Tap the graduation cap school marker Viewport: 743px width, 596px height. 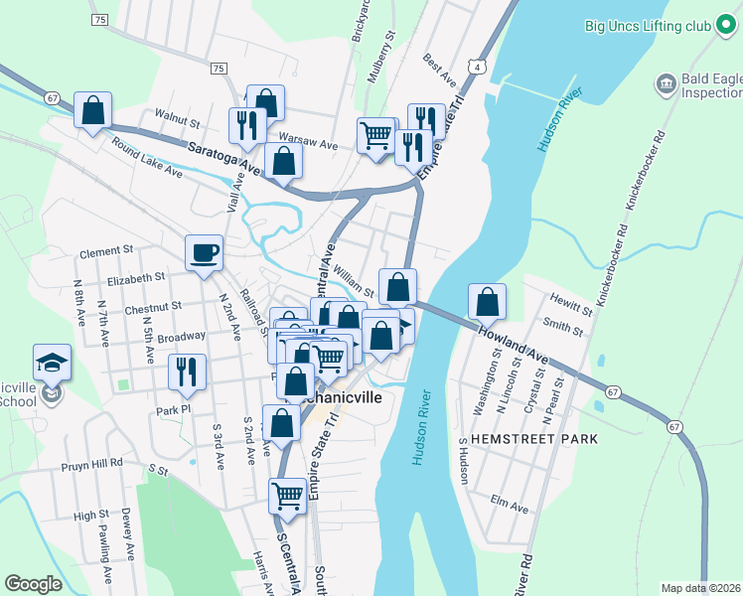pyautogui.click(x=53, y=362)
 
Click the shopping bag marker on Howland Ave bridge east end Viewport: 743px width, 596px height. pyautogui.click(x=487, y=302)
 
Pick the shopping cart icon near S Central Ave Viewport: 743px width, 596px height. pyautogui.click(x=287, y=495)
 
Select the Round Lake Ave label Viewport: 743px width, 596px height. pyautogui.click(x=147, y=157)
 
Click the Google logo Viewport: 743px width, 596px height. pyautogui.click(x=33, y=584)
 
